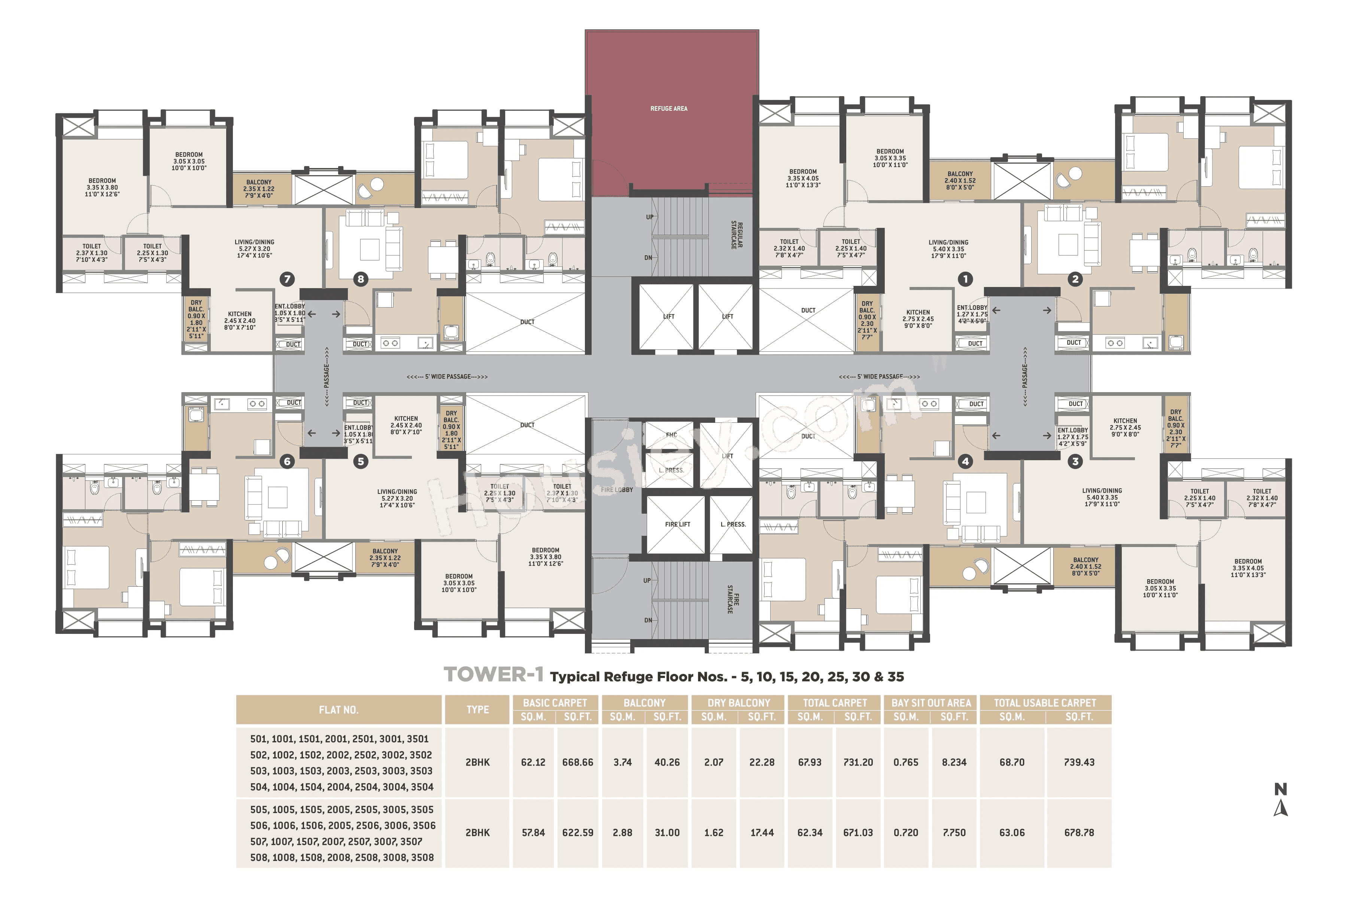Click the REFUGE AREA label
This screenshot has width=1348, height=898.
point(668,108)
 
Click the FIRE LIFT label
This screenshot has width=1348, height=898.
point(677,524)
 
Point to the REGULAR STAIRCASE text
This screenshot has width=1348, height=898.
point(737,235)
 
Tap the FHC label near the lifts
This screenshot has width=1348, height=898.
point(671,435)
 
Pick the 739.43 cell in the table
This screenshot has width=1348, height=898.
point(1079,762)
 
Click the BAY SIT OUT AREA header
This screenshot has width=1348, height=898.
point(931,703)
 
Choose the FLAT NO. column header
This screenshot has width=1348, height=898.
point(338,709)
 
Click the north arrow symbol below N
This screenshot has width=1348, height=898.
point(1280,808)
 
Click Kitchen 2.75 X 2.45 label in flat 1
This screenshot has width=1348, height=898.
point(918,319)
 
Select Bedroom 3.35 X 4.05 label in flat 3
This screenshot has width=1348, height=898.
point(1248,568)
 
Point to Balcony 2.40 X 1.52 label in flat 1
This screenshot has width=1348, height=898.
point(960,180)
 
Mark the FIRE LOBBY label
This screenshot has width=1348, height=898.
point(617,490)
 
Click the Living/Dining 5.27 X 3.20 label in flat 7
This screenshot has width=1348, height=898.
point(255,248)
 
